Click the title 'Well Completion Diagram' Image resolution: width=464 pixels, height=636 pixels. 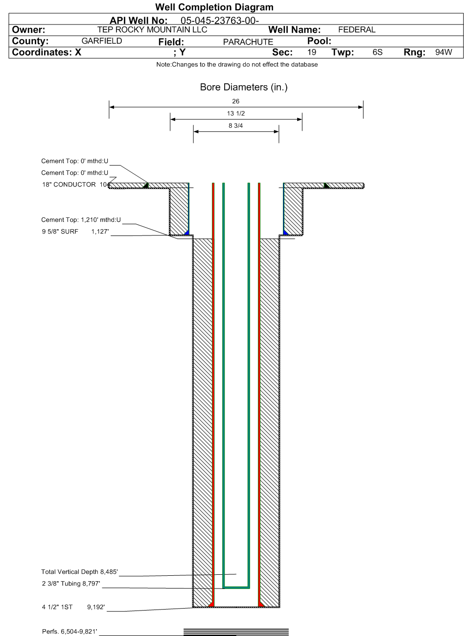pyautogui.click(x=214, y=7)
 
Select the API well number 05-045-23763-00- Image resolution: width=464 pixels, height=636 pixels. pyautogui.click(x=219, y=21)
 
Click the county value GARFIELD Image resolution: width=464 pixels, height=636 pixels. pyautogui.click(x=102, y=41)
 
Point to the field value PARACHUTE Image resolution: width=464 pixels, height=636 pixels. pyautogui.click(x=248, y=42)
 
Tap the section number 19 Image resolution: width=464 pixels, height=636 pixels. pyautogui.click(x=312, y=52)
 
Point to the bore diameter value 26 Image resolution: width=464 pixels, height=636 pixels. pyautogui.click(x=235, y=101)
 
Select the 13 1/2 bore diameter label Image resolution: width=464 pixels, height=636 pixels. pyautogui.click(x=236, y=114)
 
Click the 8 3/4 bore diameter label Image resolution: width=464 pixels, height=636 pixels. pyautogui.click(x=236, y=126)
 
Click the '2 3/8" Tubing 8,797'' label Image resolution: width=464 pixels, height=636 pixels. pyautogui.click(x=70, y=583)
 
